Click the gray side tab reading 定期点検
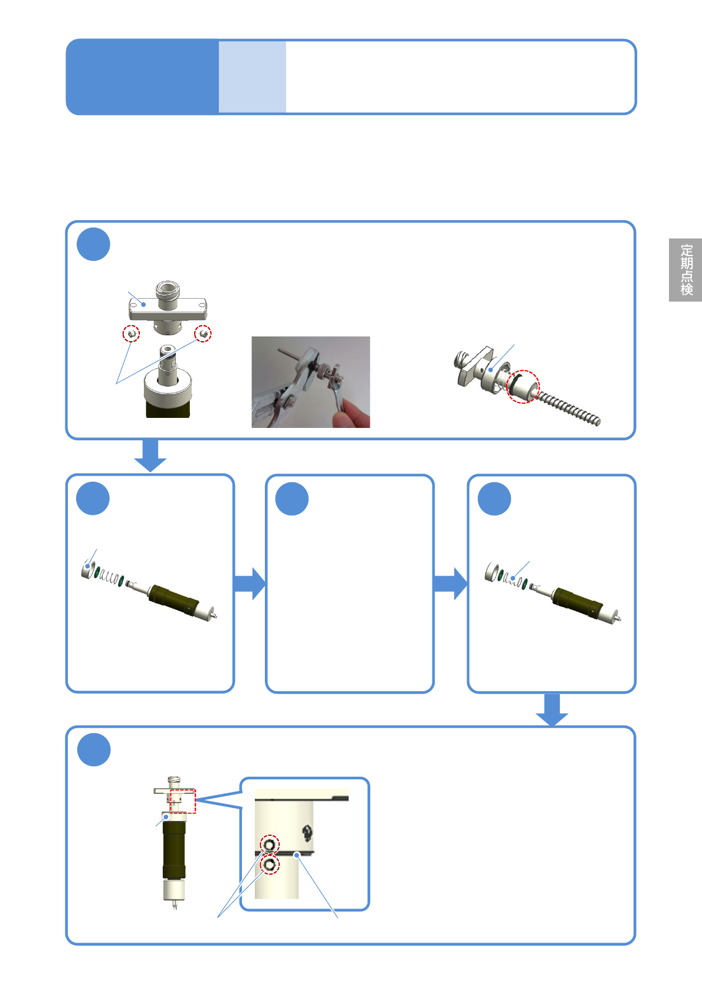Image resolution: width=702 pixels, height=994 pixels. (685, 270)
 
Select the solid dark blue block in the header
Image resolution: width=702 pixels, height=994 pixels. (142, 77)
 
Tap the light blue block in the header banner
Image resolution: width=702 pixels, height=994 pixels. (252, 77)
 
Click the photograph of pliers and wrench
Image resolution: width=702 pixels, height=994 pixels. (310, 382)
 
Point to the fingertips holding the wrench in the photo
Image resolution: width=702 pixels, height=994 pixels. (353, 413)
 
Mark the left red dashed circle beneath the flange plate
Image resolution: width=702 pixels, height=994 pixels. (132, 333)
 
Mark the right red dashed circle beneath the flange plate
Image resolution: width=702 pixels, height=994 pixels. (203, 333)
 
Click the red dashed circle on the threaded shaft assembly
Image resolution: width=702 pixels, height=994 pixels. (523, 387)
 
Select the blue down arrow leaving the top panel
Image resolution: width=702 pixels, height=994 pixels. (150, 456)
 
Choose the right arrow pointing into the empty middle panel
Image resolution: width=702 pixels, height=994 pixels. (250, 584)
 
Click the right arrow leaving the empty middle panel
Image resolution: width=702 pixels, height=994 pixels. (451, 584)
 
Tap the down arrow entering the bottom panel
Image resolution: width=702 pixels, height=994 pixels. (552, 710)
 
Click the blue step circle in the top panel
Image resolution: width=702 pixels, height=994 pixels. (94, 244)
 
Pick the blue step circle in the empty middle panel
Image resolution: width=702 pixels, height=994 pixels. (292, 498)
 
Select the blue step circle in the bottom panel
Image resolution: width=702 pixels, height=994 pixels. (94, 750)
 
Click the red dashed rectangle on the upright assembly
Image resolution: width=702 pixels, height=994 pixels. (183, 801)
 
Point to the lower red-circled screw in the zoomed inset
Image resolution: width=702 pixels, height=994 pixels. (270, 865)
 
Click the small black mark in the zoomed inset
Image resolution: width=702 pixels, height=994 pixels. (307, 833)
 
